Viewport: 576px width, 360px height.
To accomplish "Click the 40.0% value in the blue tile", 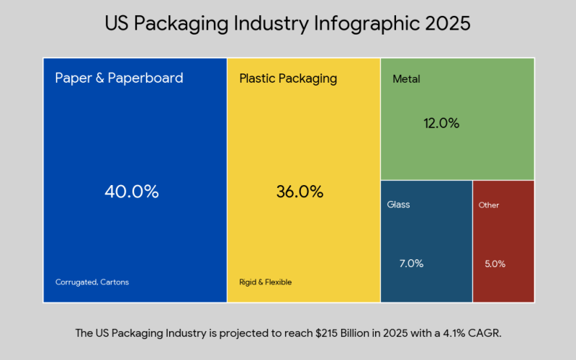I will (132, 192).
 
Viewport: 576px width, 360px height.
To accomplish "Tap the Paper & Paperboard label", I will (119, 78).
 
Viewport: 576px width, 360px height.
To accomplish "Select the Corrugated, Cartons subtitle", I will (92, 282).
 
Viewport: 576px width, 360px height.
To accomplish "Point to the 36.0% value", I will (300, 192).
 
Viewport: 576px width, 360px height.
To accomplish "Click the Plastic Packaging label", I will (288, 78).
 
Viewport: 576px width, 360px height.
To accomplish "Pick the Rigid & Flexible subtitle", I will (266, 282).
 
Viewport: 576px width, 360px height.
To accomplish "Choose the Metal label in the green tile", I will (406, 79).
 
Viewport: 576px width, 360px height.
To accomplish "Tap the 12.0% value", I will (441, 123).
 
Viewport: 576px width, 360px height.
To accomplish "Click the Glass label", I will (398, 204).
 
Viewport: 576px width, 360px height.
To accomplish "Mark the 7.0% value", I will (411, 264).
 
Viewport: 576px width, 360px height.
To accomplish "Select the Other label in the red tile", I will (489, 205).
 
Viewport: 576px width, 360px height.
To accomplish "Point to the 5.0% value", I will (495, 264).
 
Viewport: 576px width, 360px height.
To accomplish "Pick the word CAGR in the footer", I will (486, 333).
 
